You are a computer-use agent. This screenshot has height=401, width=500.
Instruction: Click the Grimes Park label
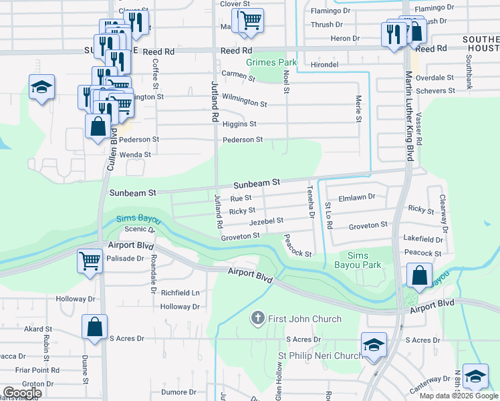coord(271,62)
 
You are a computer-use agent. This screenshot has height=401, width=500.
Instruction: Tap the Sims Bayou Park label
coord(364,261)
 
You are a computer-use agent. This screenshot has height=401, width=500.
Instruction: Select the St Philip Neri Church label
coord(320,356)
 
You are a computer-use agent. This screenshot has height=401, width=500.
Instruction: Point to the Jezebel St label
coord(266,220)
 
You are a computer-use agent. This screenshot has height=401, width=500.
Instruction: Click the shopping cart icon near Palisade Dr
coord(90,261)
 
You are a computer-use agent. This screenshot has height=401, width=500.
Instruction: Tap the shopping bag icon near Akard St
coord(94,327)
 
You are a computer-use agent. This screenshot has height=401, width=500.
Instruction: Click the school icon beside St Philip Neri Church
coord(374,344)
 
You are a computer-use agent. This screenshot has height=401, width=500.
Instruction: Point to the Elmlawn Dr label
coord(358,198)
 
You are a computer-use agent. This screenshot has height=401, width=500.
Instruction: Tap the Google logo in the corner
coord(22,393)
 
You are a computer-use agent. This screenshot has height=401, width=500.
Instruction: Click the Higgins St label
coord(239,124)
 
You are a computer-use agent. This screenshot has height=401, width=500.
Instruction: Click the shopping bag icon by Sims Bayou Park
coord(418,275)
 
